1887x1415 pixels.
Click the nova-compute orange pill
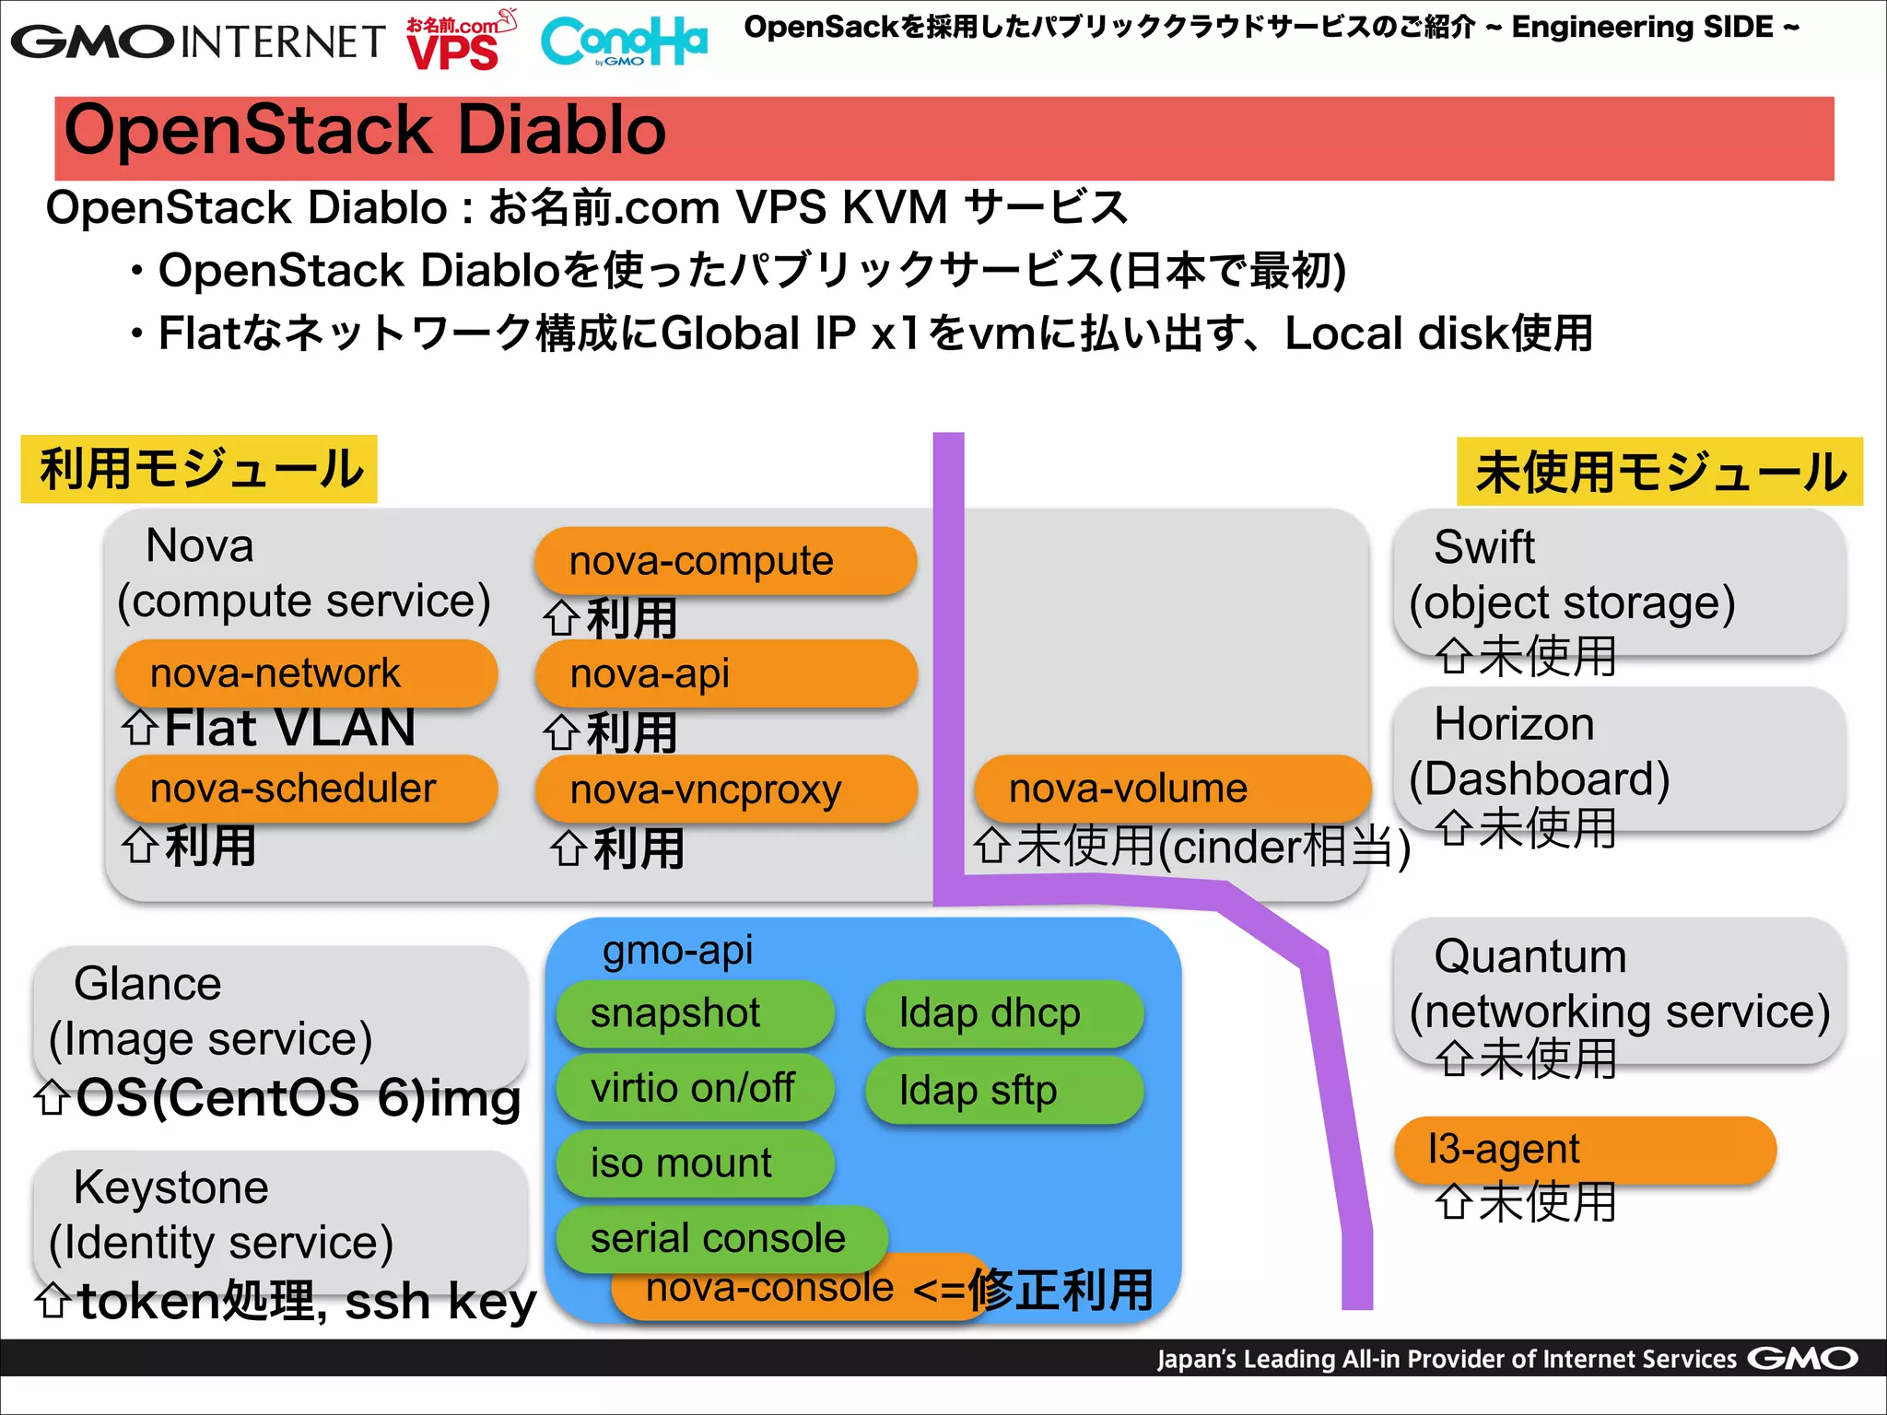(x=725, y=561)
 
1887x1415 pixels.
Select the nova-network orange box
(x=306, y=673)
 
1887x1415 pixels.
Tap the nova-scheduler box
(x=306, y=789)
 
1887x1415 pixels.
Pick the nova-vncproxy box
(x=725, y=789)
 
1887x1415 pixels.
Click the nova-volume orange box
(x=1170, y=789)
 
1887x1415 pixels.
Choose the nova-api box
(x=725, y=673)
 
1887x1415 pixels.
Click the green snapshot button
(x=695, y=1013)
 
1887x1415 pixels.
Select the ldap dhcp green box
(x=1003, y=1013)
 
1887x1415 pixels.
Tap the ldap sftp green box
(x=1003, y=1091)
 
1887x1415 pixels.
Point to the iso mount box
(x=695, y=1164)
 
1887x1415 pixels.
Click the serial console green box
(x=721, y=1237)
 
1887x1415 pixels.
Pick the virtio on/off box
(x=695, y=1088)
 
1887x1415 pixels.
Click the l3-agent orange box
(x=1585, y=1150)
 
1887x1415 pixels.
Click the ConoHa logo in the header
(x=624, y=41)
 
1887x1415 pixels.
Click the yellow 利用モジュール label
(x=199, y=469)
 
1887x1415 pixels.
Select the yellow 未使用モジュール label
(x=1659, y=472)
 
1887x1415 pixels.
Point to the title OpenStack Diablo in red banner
(x=365, y=131)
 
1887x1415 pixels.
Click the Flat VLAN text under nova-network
(x=288, y=728)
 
